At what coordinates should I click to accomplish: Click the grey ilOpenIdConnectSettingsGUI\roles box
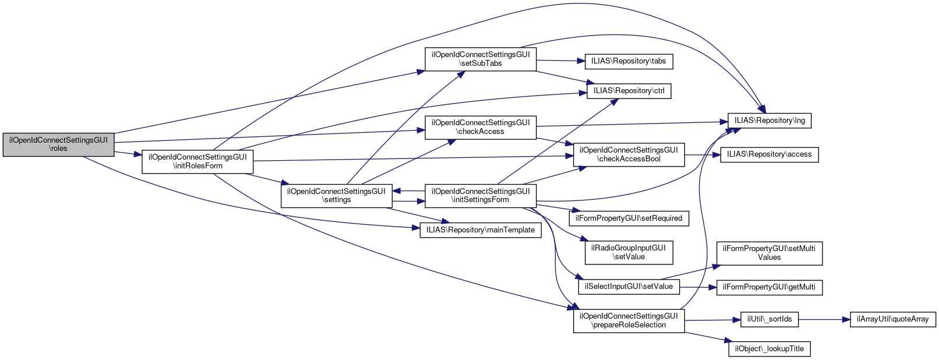tap(58, 144)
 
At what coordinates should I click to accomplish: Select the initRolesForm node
tap(197, 161)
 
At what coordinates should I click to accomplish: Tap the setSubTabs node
tap(481, 59)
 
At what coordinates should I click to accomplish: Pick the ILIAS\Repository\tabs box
tap(629, 61)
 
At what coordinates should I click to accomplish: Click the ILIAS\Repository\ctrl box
tap(629, 91)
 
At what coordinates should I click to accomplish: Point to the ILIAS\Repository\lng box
tap(769, 121)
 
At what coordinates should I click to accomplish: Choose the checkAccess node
tap(481, 127)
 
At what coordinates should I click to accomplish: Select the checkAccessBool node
tap(629, 154)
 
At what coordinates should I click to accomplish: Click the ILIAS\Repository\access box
tap(769, 154)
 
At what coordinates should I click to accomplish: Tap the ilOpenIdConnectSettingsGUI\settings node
tap(336, 195)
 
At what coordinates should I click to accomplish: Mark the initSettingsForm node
tap(481, 195)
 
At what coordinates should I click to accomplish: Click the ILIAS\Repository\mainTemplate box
tap(481, 230)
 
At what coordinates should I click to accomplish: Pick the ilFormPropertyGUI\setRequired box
tap(629, 218)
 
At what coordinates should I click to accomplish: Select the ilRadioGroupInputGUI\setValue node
tap(629, 252)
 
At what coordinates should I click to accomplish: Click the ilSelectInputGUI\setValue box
tap(629, 287)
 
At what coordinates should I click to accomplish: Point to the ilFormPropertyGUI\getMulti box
tap(769, 287)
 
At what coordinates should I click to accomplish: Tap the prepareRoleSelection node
tap(629, 320)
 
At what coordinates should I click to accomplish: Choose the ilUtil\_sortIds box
tap(769, 319)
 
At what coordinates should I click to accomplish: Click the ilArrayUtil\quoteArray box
tap(893, 319)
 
